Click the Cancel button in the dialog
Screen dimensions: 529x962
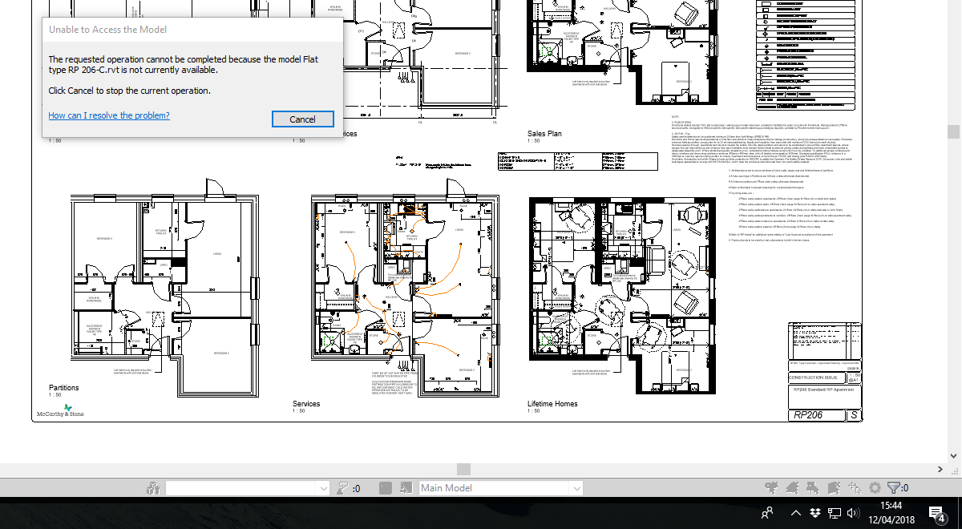click(302, 119)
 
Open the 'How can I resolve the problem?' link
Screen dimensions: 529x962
click(109, 115)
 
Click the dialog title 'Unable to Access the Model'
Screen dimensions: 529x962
click(107, 30)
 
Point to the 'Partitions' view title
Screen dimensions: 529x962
click(63, 388)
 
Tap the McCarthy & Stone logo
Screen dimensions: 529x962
click(60, 411)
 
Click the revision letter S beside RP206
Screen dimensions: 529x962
click(855, 415)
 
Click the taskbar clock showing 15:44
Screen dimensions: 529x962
click(891, 506)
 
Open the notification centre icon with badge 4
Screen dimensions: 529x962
click(936, 513)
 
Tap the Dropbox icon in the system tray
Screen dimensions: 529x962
click(814, 513)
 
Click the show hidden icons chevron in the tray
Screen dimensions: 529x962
click(795, 513)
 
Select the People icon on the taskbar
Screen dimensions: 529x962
click(767, 513)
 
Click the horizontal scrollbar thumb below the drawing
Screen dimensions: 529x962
click(463, 469)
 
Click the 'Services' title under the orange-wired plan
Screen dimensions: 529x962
click(306, 404)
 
